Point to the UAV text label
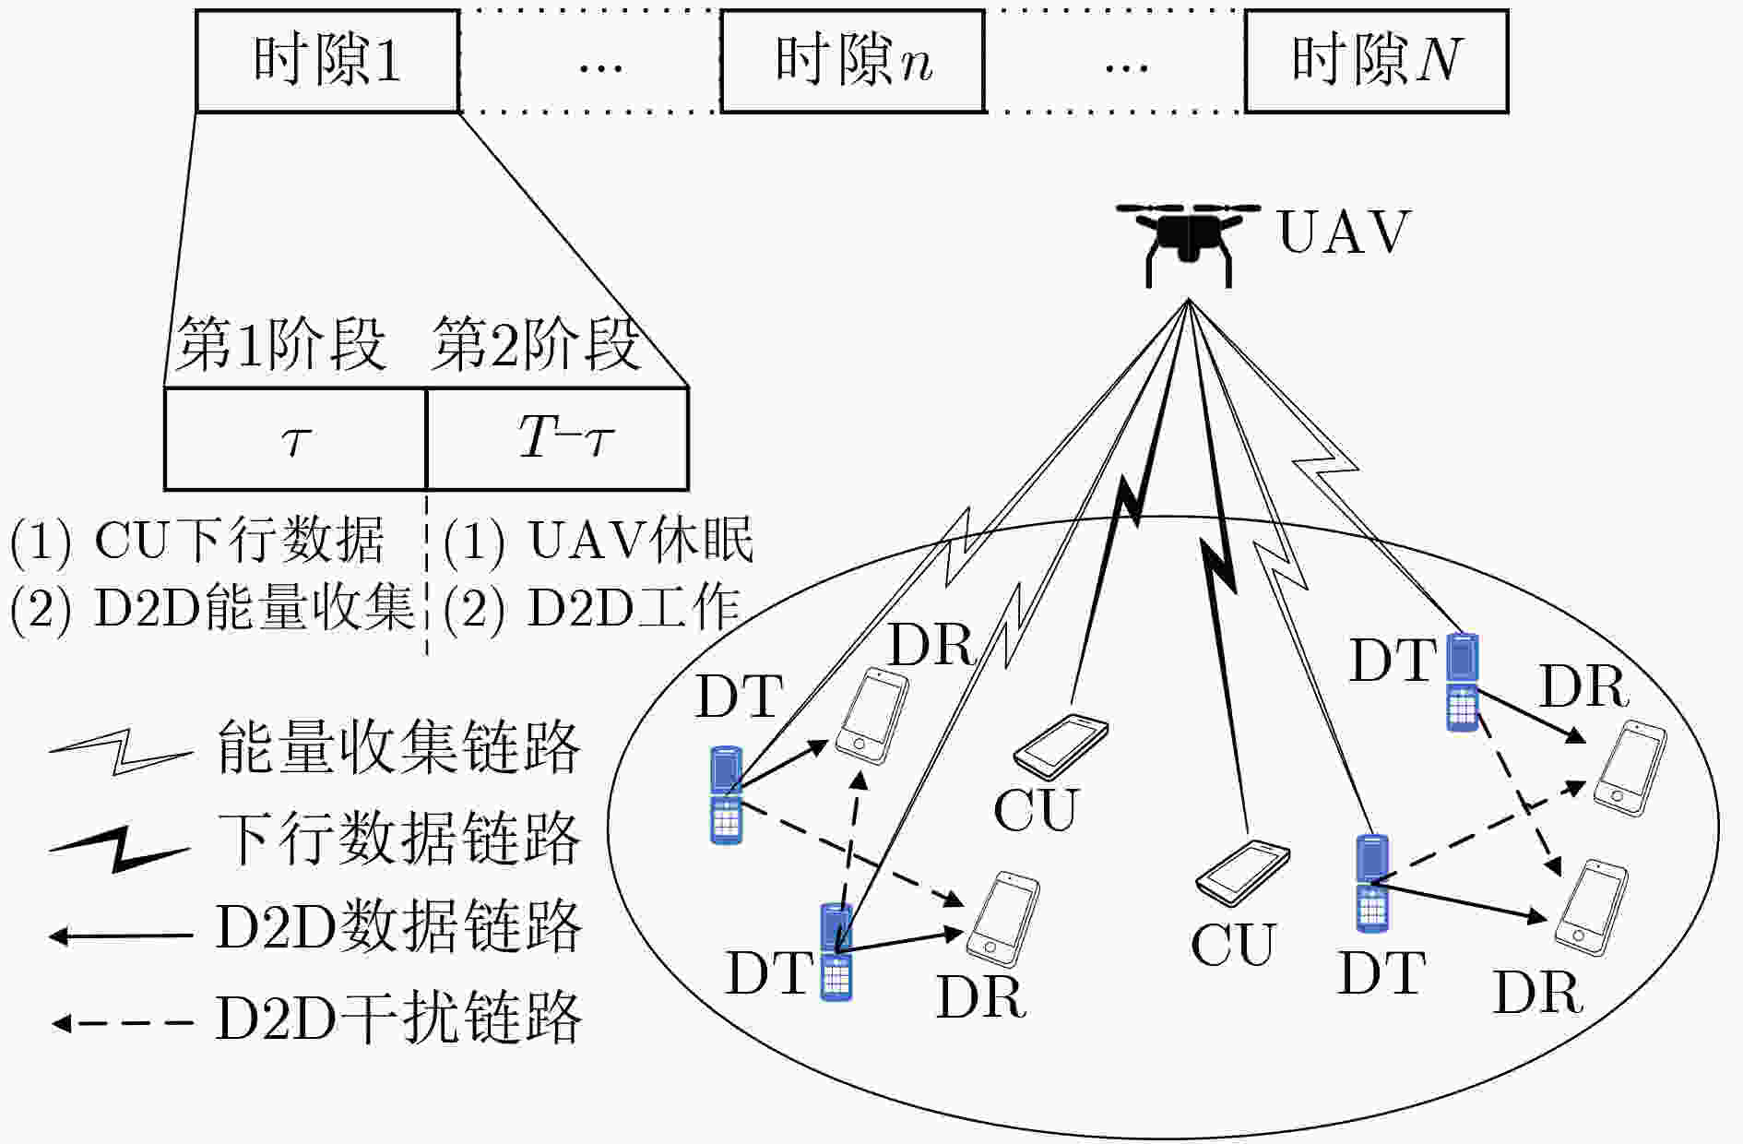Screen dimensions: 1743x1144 coord(1345,232)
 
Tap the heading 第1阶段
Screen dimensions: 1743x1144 coord(280,345)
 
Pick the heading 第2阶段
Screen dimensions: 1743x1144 coord(535,345)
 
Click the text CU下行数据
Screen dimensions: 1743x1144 coord(239,541)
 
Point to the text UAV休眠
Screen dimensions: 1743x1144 coord(641,541)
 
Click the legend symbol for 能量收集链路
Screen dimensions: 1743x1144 coord(121,750)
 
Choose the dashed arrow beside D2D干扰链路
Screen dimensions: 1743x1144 coord(122,1023)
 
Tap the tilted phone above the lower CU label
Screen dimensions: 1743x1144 coord(1242,874)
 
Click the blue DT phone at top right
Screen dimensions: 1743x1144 coord(1463,683)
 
